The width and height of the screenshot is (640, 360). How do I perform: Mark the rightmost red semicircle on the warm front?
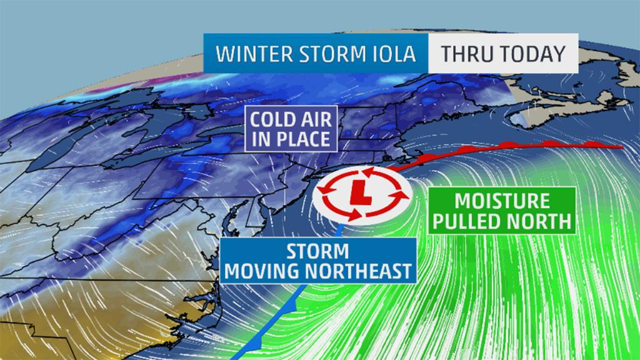tap(591, 144)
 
